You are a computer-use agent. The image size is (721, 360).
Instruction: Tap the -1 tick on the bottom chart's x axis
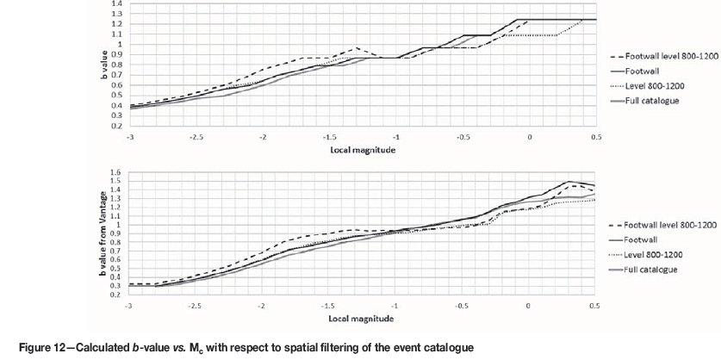[x=395, y=306]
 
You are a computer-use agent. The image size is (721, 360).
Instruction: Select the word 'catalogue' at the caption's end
[x=445, y=346]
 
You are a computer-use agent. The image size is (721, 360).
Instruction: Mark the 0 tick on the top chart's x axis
[x=529, y=137]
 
